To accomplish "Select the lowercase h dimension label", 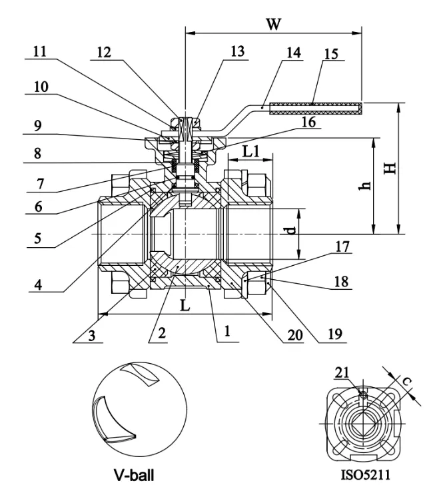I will click(364, 187).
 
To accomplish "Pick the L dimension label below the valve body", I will click(185, 307).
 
